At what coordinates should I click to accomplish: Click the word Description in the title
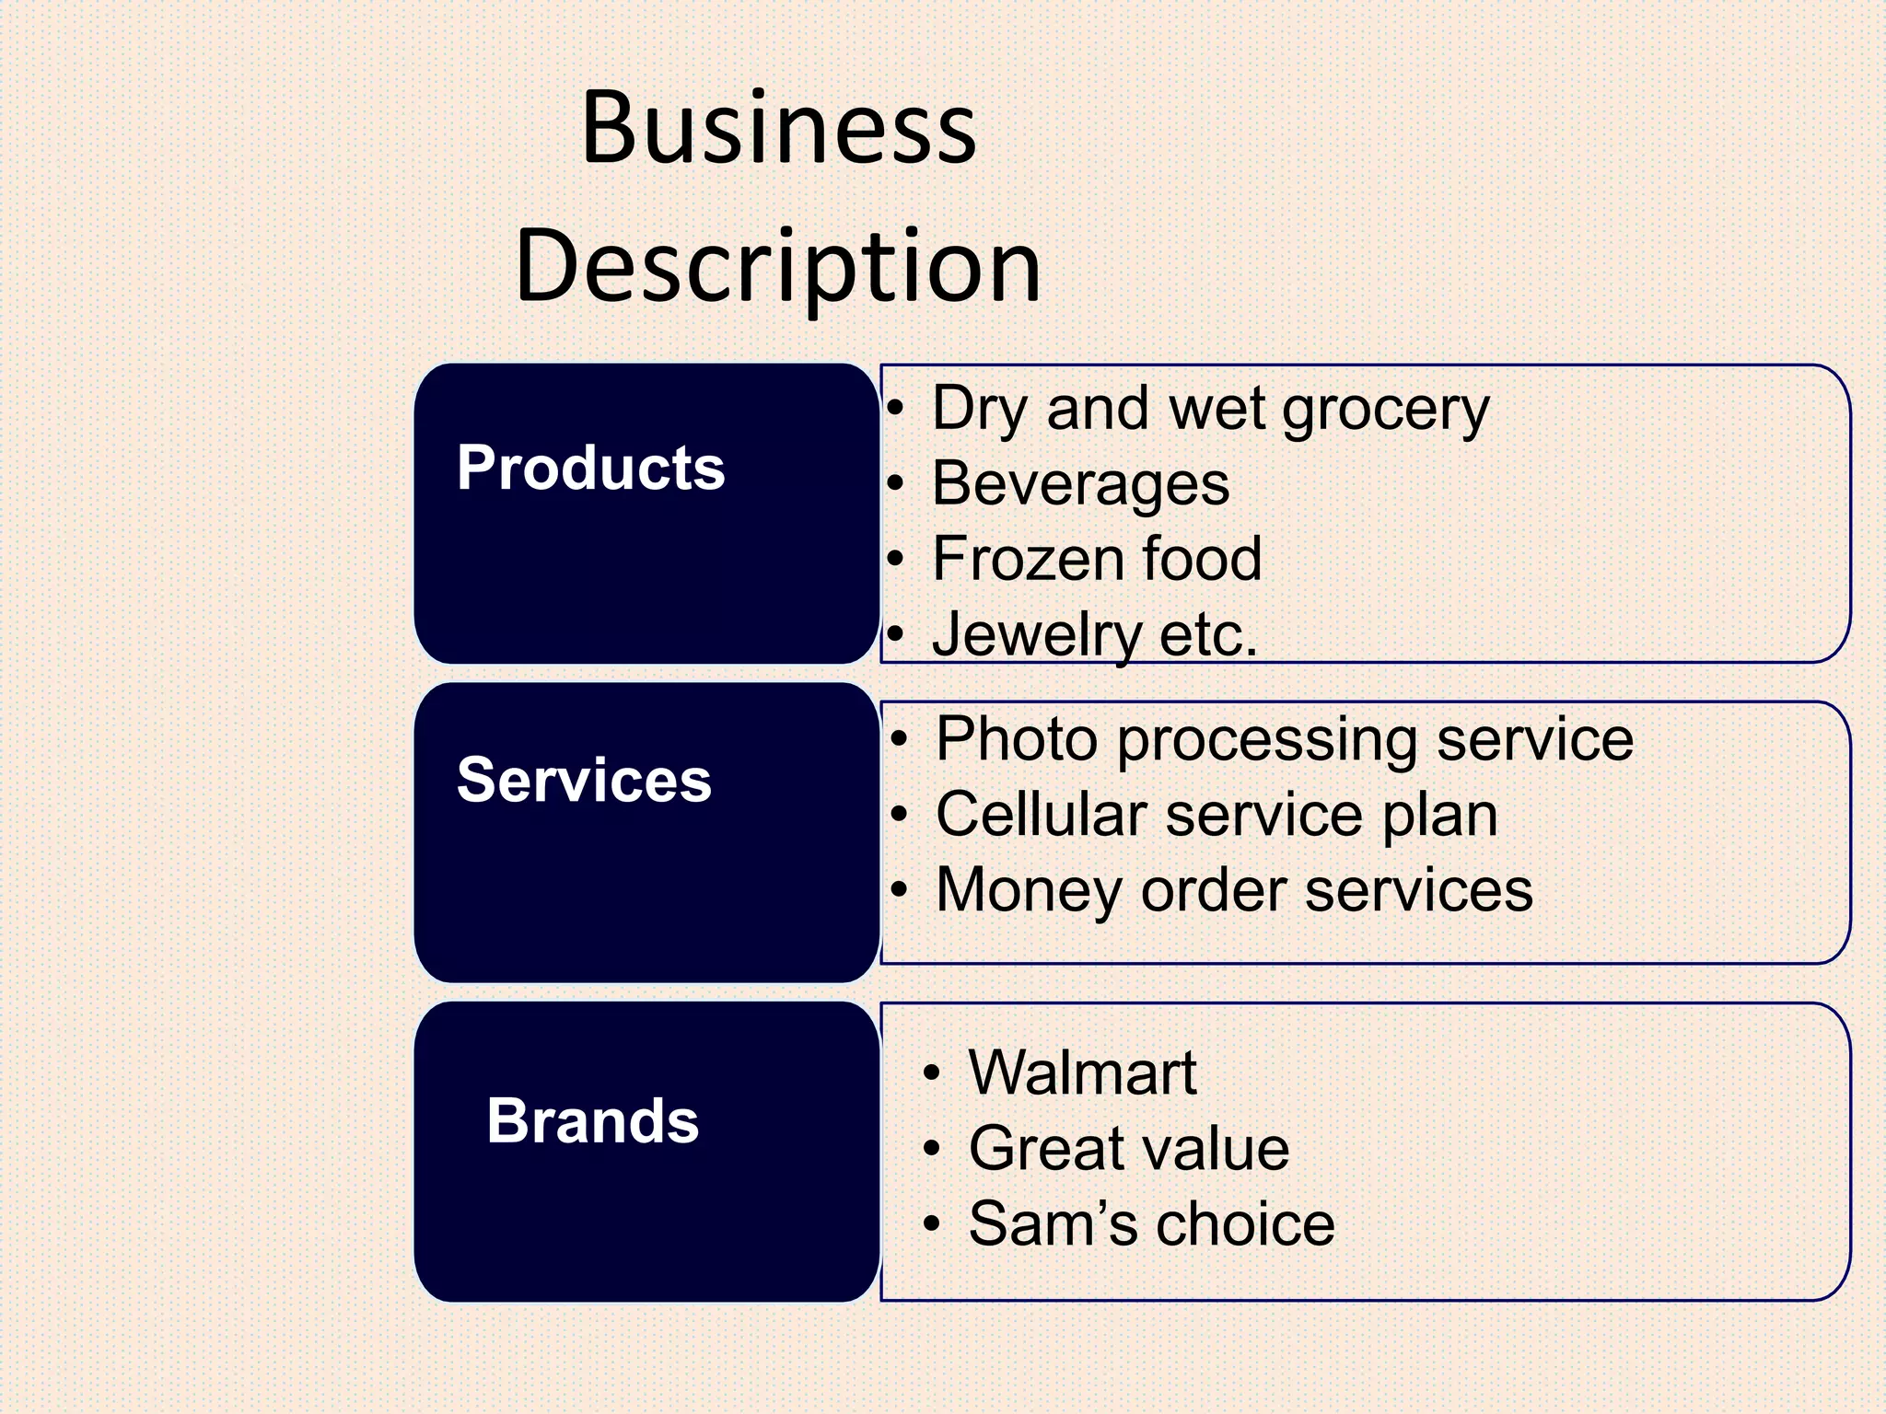point(778,267)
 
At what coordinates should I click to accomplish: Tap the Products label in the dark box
point(590,468)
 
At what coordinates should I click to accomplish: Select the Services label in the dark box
point(584,780)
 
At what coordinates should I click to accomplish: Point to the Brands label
point(592,1121)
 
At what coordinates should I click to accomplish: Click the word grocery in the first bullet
point(1385,410)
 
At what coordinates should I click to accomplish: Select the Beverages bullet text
point(1080,483)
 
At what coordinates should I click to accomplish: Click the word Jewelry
point(1037,635)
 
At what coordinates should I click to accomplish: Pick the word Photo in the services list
point(1017,739)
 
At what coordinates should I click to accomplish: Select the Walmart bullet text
point(1082,1072)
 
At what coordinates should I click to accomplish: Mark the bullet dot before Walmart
point(932,1074)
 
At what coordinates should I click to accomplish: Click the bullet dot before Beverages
point(896,485)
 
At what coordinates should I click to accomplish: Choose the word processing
point(1267,741)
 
